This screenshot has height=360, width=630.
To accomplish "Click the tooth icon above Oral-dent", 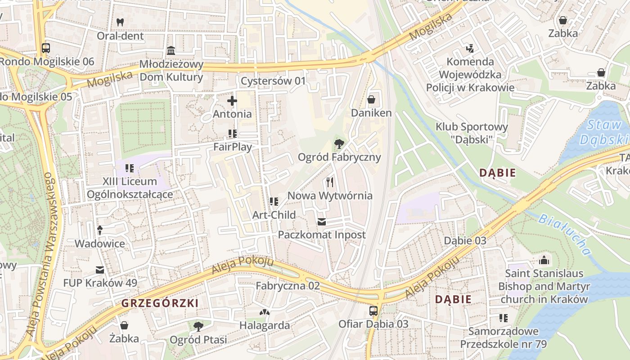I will [120, 22].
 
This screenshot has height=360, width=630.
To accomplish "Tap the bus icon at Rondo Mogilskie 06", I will [45, 48].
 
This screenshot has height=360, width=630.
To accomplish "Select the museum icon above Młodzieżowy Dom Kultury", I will [171, 50].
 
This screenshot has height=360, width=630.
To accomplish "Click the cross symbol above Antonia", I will [232, 101].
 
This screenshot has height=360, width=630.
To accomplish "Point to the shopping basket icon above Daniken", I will [371, 99].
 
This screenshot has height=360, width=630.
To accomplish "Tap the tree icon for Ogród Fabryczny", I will [339, 144].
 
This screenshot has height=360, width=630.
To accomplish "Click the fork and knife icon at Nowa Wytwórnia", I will [330, 182].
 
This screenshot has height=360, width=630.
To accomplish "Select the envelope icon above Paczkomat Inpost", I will [321, 221].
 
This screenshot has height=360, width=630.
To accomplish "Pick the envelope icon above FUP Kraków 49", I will [100, 270].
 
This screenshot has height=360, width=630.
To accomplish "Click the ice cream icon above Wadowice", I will [99, 230].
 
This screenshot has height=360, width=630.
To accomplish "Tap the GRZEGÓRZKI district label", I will [160, 303].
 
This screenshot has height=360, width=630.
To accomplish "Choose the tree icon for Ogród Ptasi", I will [198, 326].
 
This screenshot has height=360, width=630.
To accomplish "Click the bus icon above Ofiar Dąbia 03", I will [373, 310].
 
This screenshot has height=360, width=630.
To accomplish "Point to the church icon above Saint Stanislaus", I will [544, 260].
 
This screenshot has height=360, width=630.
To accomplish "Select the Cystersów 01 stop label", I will [273, 81].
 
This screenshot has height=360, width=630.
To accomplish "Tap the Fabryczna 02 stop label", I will [288, 286].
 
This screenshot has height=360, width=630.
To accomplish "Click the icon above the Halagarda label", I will [264, 312].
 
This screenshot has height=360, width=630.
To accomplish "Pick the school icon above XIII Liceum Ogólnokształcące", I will [130, 168].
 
